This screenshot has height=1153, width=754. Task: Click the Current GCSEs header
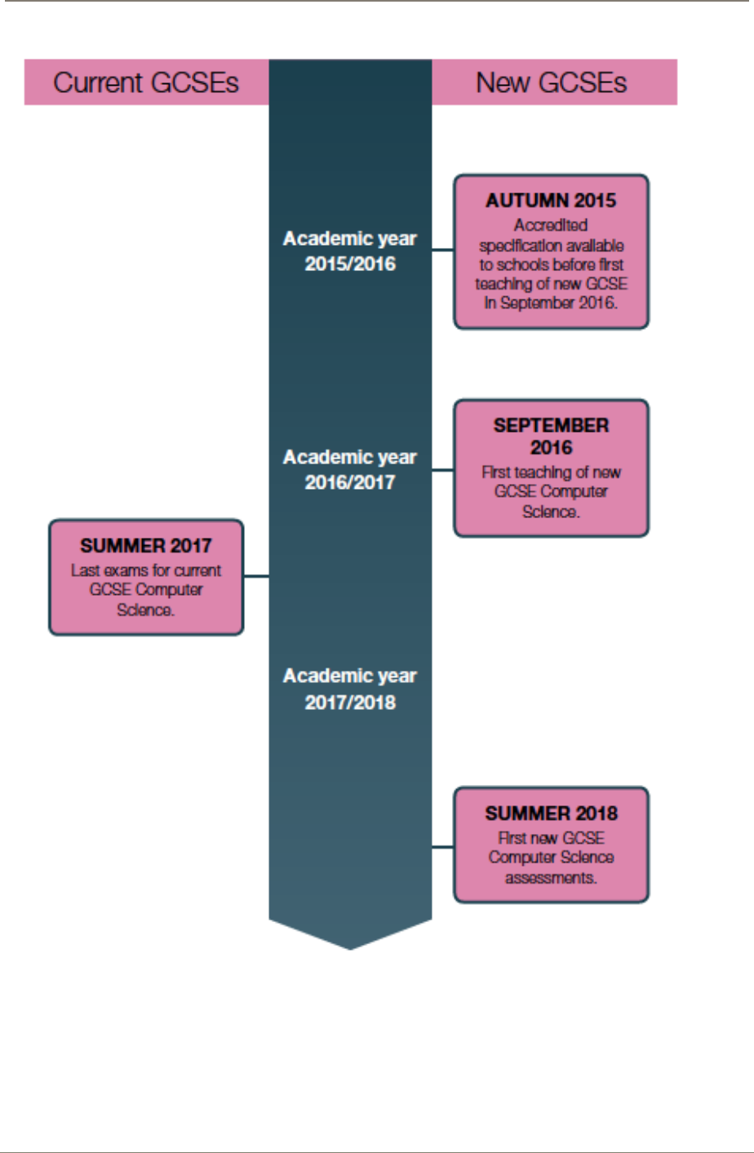click(x=146, y=82)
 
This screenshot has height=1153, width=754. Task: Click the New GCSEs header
click(x=552, y=82)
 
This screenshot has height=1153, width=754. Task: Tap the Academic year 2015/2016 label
click(x=350, y=251)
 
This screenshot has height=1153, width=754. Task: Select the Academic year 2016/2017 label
click(x=350, y=469)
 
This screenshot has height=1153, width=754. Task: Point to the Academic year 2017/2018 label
click(x=350, y=688)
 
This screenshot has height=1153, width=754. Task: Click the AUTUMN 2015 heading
click(x=551, y=201)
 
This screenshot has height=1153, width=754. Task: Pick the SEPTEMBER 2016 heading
click(x=551, y=436)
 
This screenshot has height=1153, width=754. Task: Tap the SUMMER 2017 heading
click(x=146, y=545)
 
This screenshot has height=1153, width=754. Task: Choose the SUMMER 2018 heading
click(x=551, y=814)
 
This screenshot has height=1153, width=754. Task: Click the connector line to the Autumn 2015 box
click(x=442, y=250)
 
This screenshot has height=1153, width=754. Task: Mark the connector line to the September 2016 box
click(x=442, y=470)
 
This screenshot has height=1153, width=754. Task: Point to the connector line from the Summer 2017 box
click(x=256, y=576)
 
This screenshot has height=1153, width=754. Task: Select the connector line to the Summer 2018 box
click(x=442, y=847)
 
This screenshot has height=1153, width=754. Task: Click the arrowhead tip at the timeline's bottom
click(x=350, y=947)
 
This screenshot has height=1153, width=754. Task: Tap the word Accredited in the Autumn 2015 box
click(x=551, y=225)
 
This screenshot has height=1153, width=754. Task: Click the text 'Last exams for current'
click(x=146, y=570)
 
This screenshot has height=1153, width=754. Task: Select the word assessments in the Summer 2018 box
click(x=551, y=878)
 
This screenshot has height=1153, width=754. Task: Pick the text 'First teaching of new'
click(x=551, y=472)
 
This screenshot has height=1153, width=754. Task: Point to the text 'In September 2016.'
click(x=551, y=303)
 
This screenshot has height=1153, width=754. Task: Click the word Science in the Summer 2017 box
click(x=146, y=610)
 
